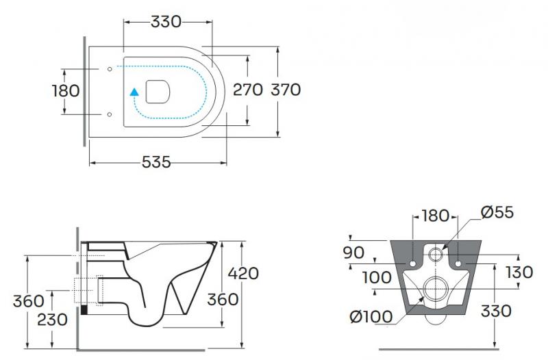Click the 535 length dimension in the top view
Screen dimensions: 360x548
(156, 163)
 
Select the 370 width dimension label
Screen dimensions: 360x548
(286, 90)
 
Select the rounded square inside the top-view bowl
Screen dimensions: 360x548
(158, 90)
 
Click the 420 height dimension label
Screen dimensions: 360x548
(243, 273)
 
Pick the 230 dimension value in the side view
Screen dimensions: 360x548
(52, 319)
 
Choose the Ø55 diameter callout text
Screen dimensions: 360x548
(497, 213)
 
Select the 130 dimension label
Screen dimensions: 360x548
(518, 272)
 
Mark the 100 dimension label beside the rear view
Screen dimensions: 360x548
(376, 277)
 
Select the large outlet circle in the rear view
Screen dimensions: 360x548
(436, 290)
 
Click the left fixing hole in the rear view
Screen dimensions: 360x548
(414, 263)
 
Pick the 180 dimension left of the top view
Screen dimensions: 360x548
(66, 90)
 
